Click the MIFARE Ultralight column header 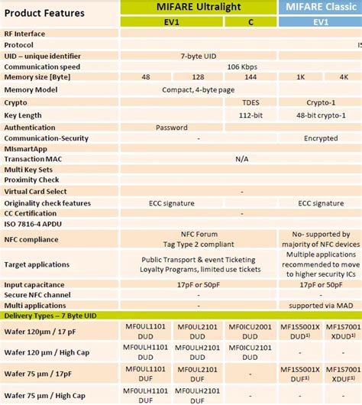tap(199, 7)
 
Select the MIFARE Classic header tap(320, 7)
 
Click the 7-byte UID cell tap(199, 56)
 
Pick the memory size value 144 tap(250, 78)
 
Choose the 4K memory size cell tap(343, 78)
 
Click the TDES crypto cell tap(250, 102)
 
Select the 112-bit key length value tap(250, 115)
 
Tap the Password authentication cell tap(172, 128)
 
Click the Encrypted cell tap(320, 138)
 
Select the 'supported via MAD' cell tap(320, 305)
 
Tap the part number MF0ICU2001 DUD tap(250, 330)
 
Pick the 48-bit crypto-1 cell tap(320, 115)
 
